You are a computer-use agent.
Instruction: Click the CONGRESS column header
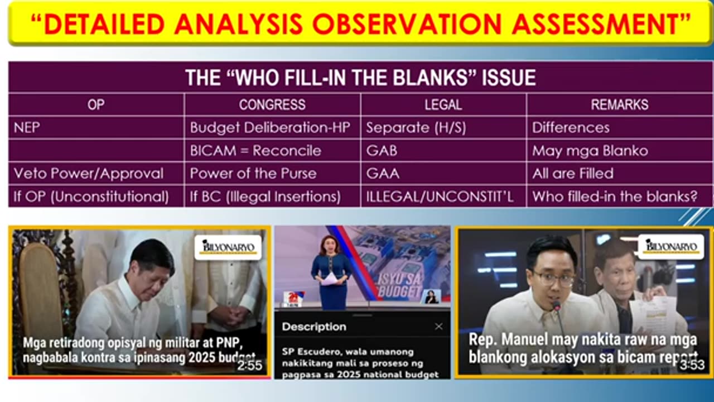[272, 104]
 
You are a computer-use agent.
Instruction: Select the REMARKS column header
[619, 104]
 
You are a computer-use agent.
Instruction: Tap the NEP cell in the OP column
[27, 127]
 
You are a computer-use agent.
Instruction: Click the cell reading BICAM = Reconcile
[255, 150]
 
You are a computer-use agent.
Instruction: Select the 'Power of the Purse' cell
[253, 173]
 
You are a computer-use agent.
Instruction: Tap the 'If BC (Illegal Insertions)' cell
[265, 197]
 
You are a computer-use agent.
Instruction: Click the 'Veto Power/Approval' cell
[89, 173]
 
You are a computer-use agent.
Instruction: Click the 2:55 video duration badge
[249, 366]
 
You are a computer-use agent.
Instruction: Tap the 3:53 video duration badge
[692, 366]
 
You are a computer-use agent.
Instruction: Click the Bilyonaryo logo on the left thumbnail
[228, 247]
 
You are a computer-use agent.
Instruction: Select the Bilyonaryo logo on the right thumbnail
[670, 247]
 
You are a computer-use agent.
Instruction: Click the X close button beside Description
[438, 327]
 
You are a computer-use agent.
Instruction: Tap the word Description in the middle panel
[314, 327]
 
